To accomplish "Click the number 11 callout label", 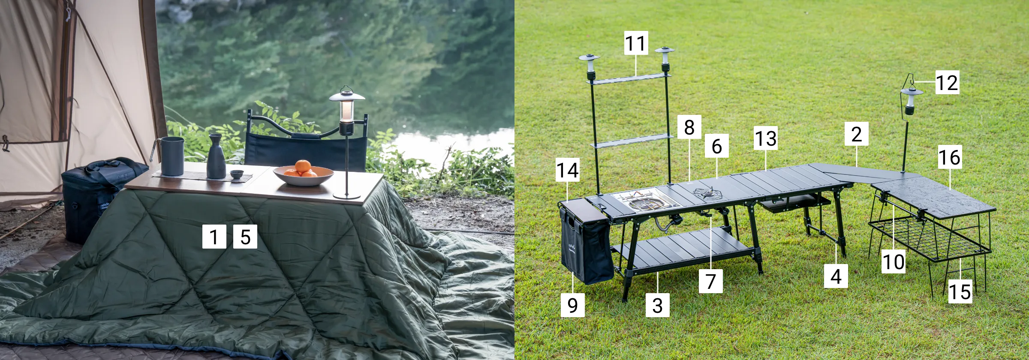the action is pyautogui.click(x=636, y=43).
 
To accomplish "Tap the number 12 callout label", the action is pyautogui.click(x=947, y=82).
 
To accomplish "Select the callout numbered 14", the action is pyautogui.click(x=567, y=170).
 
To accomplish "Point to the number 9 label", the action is pyautogui.click(x=572, y=305).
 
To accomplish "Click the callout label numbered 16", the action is pyautogui.click(x=950, y=157).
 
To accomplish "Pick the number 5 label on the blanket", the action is pyautogui.click(x=245, y=237).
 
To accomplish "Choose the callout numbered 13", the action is pyautogui.click(x=766, y=138).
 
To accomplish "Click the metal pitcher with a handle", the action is pyautogui.click(x=170, y=156).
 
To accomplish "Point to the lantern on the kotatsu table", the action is pyautogui.click(x=347, y=142).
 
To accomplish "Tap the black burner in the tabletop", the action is pyautogui.click(x=708, y=194).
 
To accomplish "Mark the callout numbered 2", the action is pyautogui.click(x=857, y=134).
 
